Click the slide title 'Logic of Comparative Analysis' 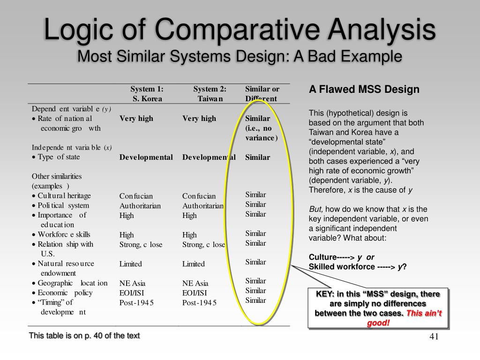[240, 29]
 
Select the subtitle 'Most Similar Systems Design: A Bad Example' [240, 56]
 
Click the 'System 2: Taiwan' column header [210, 94]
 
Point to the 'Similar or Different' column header [262, 94]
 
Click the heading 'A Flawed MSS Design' [364, 90]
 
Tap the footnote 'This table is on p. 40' [84, 336]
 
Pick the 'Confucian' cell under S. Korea [136, 196]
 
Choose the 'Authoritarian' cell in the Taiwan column [203, 206]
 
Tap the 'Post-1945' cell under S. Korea [136, 303]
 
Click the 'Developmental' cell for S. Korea [146, 157]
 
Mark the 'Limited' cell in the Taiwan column [193, 264]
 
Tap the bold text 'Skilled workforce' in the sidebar [342, 267]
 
